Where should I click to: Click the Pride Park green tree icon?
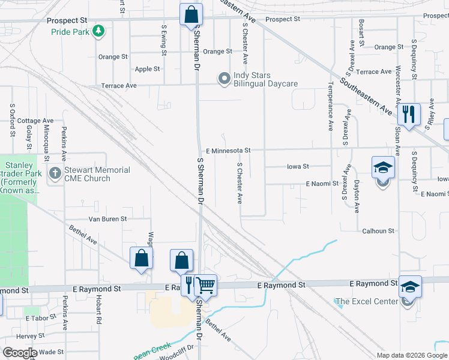98,31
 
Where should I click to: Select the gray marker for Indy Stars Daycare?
224,79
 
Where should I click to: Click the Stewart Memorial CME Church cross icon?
55,174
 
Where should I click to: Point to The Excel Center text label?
366,301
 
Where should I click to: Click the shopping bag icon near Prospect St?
191,13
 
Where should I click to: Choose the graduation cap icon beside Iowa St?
383,167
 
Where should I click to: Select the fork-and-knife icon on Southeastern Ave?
409,113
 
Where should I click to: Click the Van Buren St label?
107,220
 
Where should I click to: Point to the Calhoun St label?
378,231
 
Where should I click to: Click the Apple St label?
147,69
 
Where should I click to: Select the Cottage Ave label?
35,121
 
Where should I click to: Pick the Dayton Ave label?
357,197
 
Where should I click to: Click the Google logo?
20,353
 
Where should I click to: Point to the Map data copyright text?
412,355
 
